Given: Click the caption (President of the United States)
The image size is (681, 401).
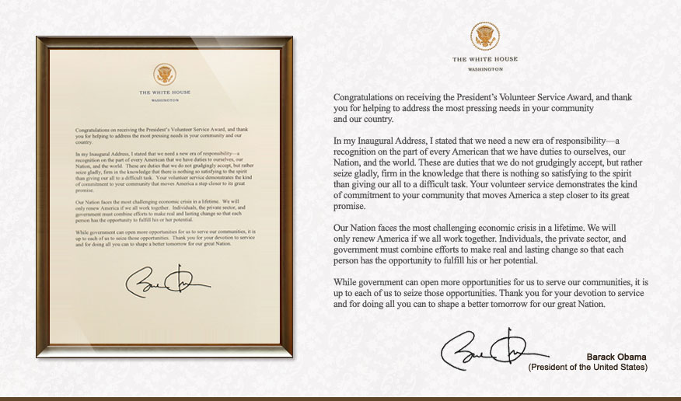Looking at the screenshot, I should click(588, 366).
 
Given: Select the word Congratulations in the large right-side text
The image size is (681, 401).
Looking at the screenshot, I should click(368, 96).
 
